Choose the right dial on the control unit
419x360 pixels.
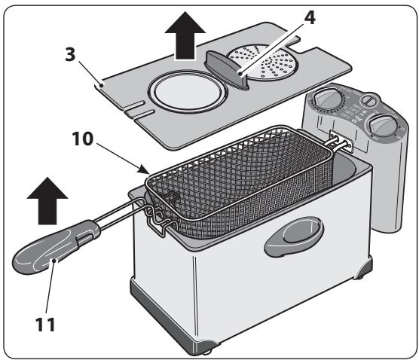379,128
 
